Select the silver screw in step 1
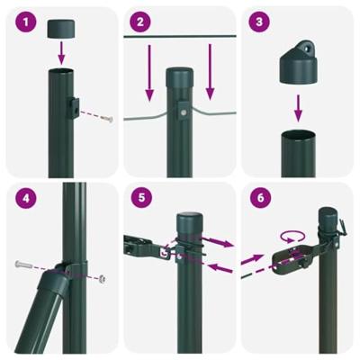point(107,120)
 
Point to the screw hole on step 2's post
point(184,112)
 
